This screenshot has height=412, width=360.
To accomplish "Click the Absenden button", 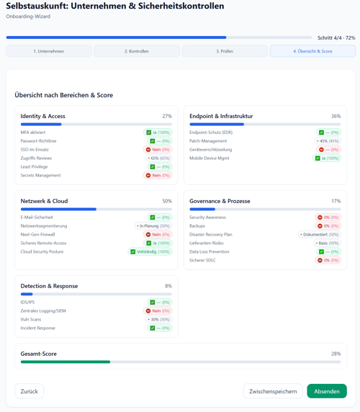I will [x=326, y=391].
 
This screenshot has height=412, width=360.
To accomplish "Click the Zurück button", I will [x=29, y=391].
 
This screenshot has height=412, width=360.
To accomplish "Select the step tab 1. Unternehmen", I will [x=49, y=51].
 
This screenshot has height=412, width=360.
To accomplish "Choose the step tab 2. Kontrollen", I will [x=137, y=51].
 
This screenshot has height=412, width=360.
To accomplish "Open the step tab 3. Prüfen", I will [x=225, y=51].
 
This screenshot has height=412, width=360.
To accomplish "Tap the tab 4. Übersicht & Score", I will [x=312, y=51].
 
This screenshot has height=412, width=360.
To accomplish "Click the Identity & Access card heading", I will [x=43, y=116].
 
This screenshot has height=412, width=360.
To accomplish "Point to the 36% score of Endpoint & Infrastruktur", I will [x=336, y=116].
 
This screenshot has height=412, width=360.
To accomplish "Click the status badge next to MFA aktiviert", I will [x=158, y=133].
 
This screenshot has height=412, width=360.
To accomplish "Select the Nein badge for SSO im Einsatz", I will [x=158, y=150].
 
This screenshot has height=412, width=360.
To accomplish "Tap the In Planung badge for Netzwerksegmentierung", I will [x=153, y=226].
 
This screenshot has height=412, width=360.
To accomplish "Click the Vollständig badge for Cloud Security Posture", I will [x=150, y=252].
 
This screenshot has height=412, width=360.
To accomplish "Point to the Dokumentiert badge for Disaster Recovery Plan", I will [x=319, y=235].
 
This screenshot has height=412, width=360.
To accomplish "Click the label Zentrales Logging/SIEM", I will [x=43, y=311].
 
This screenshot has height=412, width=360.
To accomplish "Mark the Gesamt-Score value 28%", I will [x=336, y=354].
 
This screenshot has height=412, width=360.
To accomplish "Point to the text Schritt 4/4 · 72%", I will [x=336, y=37].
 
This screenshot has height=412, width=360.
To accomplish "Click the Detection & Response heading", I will [x=49, y=286].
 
